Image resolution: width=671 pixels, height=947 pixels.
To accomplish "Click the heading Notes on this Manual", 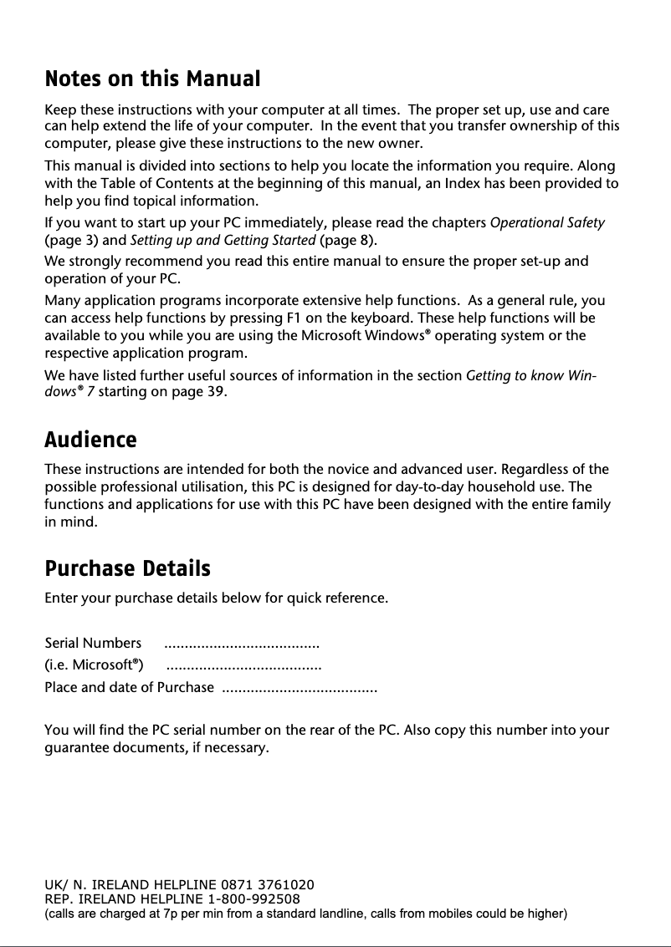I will [x=152, y=79].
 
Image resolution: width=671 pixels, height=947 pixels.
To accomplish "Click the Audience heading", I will [x=90, y=440].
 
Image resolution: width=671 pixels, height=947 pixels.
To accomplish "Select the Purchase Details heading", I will [x=127, y=569].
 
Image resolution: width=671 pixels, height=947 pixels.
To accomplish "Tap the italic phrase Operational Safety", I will [x=546, y=223].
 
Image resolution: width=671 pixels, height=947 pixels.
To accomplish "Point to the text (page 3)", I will [x=70, y=242].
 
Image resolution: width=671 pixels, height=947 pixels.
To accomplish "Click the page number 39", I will [x=214, y=392].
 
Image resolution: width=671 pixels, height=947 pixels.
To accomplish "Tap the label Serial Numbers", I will [x=93, y=644].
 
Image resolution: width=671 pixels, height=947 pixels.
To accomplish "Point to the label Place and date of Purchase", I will [x=129, y=688].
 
